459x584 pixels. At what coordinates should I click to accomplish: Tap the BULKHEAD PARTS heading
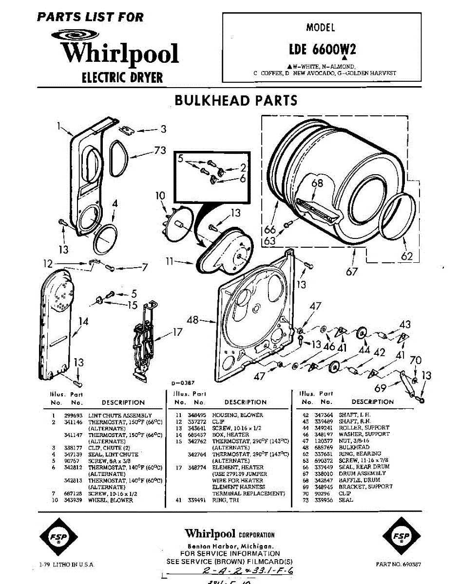[236, 100]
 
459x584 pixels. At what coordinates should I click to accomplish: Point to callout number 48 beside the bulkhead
[193, 320]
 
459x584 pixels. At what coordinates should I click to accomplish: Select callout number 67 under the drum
[352, 272]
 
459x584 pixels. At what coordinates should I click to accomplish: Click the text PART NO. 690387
[399, 565]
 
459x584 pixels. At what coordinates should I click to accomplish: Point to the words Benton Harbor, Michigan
[230, 547]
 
